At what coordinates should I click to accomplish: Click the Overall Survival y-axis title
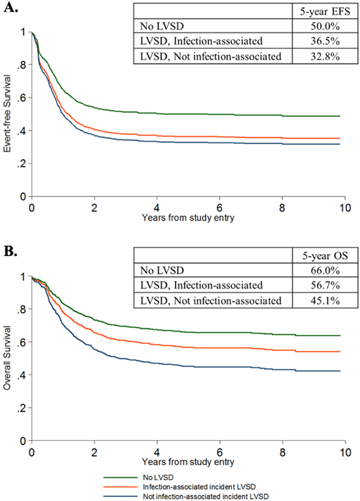click(x=7, y=358)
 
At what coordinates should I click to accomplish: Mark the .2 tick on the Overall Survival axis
click(x=21, y=408)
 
